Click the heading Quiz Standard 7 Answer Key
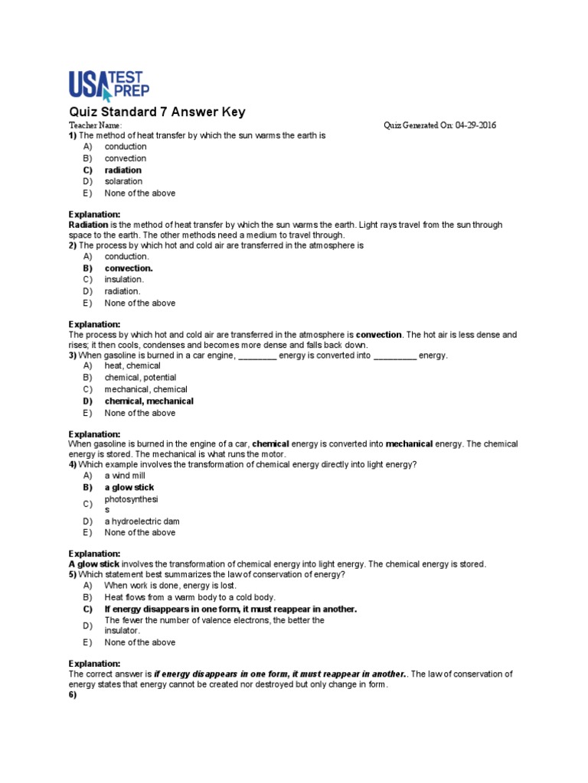click(x=157, y=112)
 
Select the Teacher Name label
click(x=95, y=125)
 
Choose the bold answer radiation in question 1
click(x=122, y=170)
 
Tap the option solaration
click(x=123, y=181)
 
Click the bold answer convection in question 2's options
click(x=129, y=268)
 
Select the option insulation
click(x=124, y=280)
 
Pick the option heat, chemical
click(x=132, y=366)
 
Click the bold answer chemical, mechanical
click(x=149, y=401)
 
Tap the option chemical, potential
click(x=140, y=377)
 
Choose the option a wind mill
click(x=125, y=475)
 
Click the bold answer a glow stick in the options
click(x=129, y=487)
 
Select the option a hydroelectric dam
click(x=142, y=521)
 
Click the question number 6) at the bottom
click(x=73, y=697)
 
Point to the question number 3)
click(x=73, y=356)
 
